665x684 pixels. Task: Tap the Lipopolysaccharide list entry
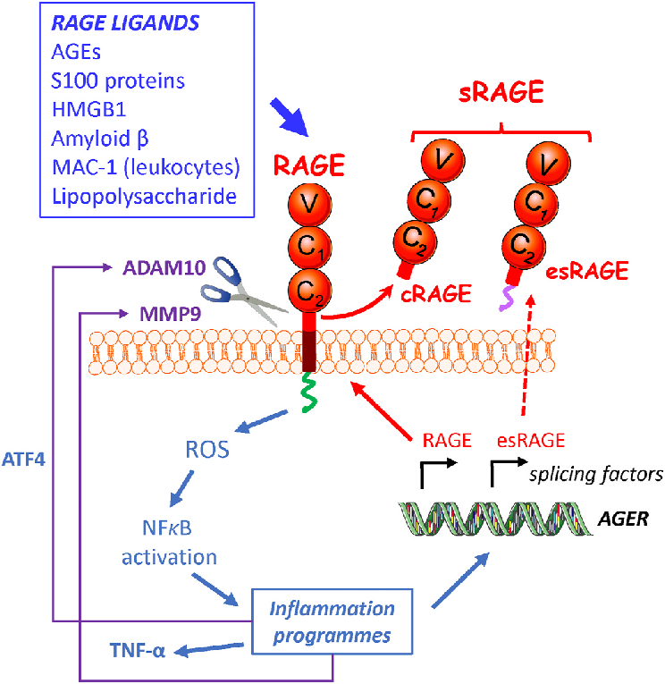click(133, 195)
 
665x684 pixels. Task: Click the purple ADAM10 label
click(164, 266)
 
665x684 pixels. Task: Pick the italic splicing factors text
click(595, 474)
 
